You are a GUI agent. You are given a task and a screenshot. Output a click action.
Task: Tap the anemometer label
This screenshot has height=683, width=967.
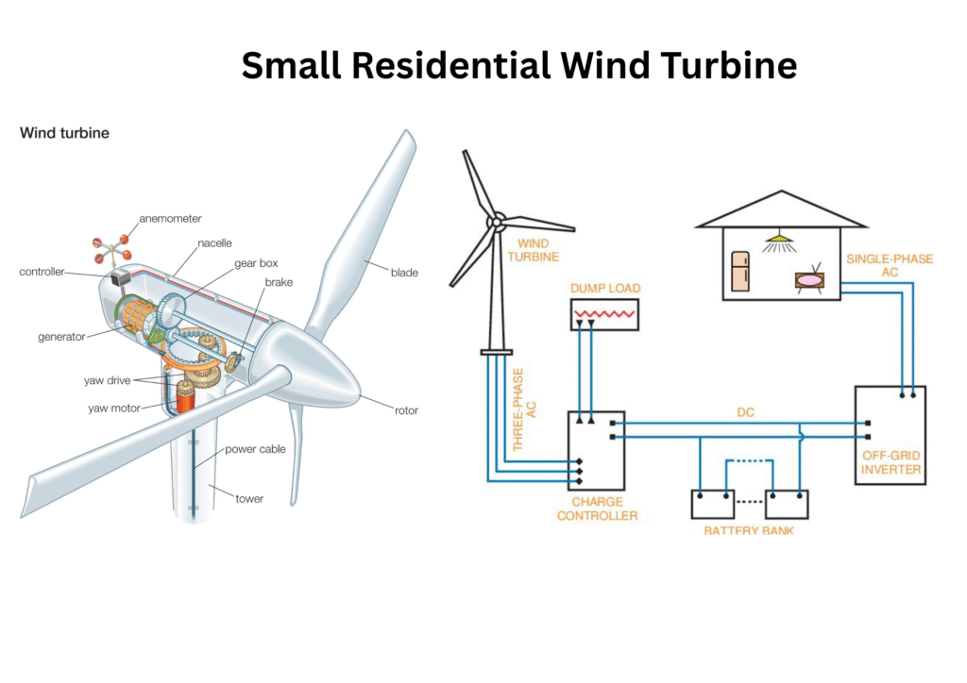click(170, 219)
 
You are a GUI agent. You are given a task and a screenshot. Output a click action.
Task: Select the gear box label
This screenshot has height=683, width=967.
click(256, 263)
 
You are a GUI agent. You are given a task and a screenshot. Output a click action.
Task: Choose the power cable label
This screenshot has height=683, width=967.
click(255, 449)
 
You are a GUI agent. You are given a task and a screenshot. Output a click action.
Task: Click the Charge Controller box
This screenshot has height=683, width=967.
click(596, 451)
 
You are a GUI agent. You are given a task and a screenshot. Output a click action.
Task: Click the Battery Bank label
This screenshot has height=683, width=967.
click(749, 531)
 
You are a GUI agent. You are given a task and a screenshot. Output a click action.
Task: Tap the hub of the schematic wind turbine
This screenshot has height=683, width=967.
click(493, 223)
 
